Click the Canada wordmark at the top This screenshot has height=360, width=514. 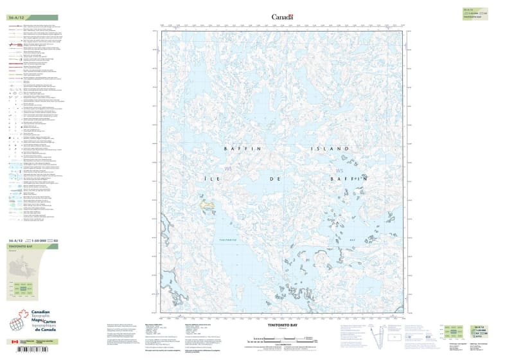click(x=283, y=17)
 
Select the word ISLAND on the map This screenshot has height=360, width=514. click(x=330, y=148)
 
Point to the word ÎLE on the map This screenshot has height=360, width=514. click(x=234, y=178)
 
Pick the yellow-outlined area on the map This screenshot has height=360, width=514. click(x=208, y=206)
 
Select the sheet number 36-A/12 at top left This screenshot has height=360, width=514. click(x=16, y=17)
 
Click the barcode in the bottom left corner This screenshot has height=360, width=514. click(x=29, y=351)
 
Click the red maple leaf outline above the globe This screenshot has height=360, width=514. click(x=24, y=314)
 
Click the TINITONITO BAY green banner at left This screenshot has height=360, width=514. click(x=32, y=246)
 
